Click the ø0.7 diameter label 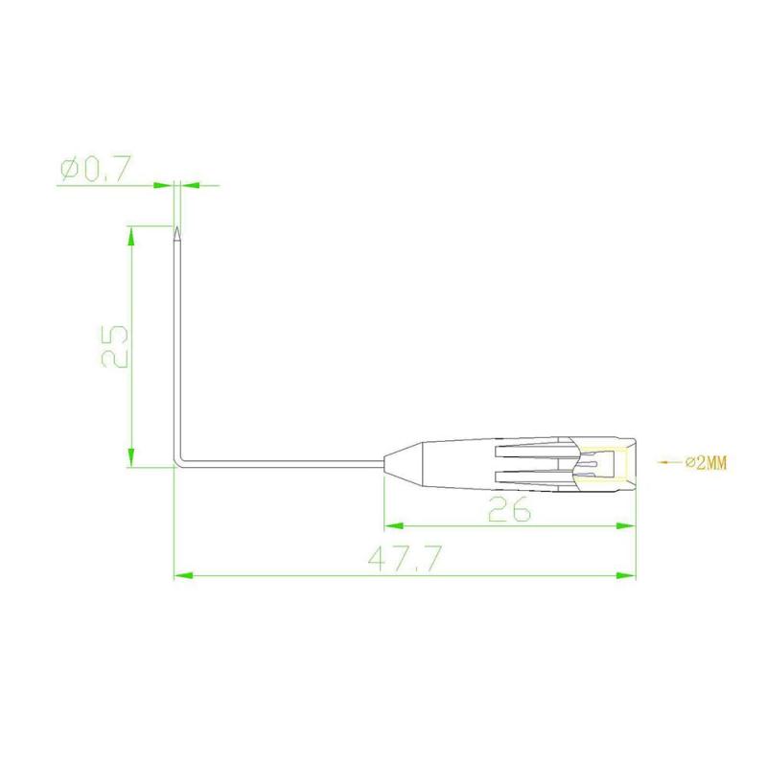(x=96, y=170)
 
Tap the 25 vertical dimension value (x=115, y=346)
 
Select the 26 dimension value (x=509, y=509)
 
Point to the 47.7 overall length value (x=405, y=559)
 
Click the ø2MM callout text (x=706, y=462)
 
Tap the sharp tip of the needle (x=177, y=226)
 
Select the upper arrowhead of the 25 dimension (x=130, y=236)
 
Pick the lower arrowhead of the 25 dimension (x=130, y=457)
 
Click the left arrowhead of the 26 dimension (x=394, y=526)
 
